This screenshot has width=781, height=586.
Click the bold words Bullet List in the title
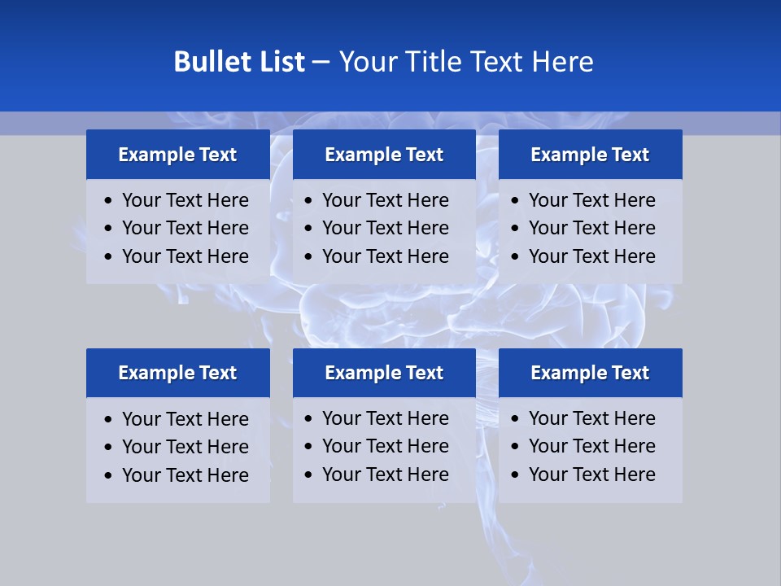pos(239,62)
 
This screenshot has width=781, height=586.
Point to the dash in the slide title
pos(321,63)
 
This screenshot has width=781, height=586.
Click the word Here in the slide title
pos(561,62)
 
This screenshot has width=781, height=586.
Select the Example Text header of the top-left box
pos(177,155)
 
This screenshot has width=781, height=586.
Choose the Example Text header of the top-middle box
pos(384,155)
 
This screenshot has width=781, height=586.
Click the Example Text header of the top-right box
pos(590,155)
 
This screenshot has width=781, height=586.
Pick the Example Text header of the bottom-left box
pos(177,373)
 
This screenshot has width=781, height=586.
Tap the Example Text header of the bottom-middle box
pos(384,373)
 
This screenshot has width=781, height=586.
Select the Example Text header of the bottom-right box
pos(590,373)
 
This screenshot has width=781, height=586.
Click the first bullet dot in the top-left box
pos(109,201)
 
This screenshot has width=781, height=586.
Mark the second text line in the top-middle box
pos(386,228)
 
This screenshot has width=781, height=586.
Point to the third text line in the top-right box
pos(591,256)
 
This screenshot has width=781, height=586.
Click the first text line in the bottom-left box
pos(185,419)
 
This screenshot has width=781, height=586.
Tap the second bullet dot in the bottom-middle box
pos(309,447)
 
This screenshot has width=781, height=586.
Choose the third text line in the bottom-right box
pos(591,474)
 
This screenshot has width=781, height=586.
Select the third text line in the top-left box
pos(185,256)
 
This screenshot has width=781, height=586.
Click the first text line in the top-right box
pos(591,200)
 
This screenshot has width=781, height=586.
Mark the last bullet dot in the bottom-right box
pos(516,475)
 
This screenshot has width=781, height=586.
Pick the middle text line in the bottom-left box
pos(185,447)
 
